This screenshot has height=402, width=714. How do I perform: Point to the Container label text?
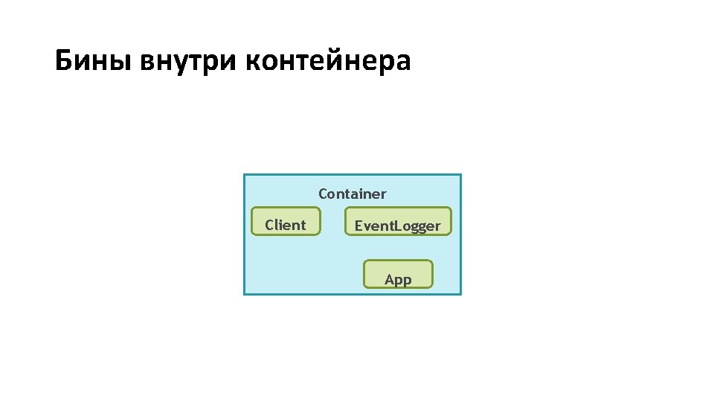pyautogui.click(x=353, y=194)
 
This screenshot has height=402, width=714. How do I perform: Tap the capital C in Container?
pyautogui.click(x=324, y=194)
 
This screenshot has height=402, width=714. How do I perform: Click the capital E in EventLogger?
pyautogui.click(x=358, y=226)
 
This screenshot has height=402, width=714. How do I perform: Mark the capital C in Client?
pyautogui.click(x=270, y=225)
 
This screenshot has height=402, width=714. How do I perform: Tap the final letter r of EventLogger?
pyautogui.click(x=437, y=226)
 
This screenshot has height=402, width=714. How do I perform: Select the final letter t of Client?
pyautogui.click(x=303, y=225)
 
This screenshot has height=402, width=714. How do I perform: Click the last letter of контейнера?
pyautogui.click(x=402, y=63)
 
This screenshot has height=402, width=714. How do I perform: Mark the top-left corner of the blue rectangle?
pyautogui.click(x=244, y=175)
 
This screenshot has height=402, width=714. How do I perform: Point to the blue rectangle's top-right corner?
pyautogui.click(x=461, y=175)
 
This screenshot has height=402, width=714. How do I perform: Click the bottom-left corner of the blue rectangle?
pyautogui.click(x=244, y=294)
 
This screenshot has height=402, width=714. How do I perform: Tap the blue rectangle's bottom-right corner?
pyautogui.click(x=461, y=294)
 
